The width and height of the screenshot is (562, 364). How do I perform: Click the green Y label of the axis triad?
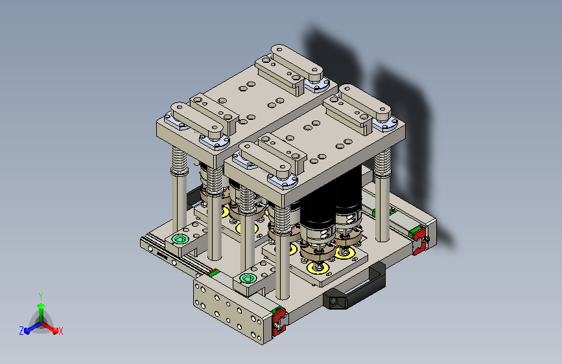[x=41, y=296]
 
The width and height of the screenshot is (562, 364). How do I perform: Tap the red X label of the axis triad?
[x=60, y=332]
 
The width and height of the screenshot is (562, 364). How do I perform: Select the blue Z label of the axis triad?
[x=21, y=331]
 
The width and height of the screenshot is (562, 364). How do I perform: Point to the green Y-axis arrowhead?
[x=41, y=306]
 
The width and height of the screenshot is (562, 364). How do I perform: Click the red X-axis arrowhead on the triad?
[x=54, y=330]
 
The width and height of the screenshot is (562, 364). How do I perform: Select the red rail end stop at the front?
[x=279, y=321]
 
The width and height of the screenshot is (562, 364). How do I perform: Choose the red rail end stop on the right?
[x=418, y=241]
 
